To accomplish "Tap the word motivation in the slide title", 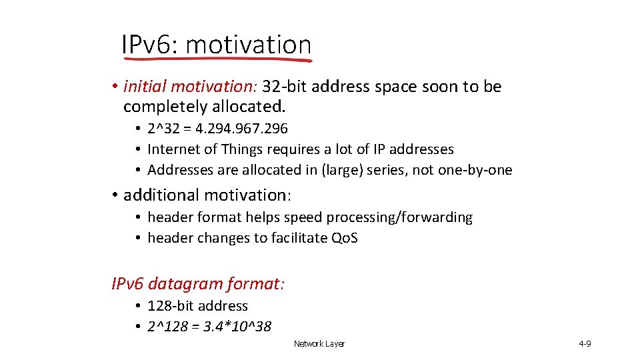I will (x=249, y=45).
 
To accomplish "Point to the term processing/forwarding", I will (x=403, y=217).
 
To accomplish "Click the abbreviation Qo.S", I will (x=344, y=238).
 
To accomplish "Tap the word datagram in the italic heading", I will (x=185, y=284).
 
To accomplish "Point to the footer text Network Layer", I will (x=319, y=344).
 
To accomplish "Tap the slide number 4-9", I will (x=585, y=344).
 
